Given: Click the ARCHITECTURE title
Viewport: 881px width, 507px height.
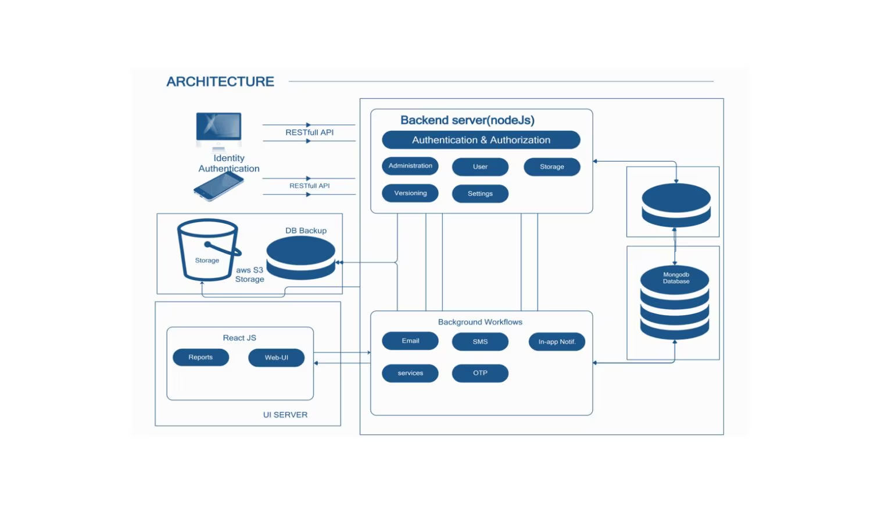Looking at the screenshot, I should point(220,82).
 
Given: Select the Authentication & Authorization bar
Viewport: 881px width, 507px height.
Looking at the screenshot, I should point(481,140).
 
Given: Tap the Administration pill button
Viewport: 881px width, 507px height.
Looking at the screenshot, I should point(410,166).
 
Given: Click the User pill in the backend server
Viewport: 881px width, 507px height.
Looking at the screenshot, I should point(480,167).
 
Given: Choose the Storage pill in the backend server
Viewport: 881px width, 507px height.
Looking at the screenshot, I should point(551,167).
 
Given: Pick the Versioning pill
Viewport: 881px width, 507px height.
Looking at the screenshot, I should point(410,194).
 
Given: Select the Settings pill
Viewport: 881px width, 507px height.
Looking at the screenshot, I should point(480,194).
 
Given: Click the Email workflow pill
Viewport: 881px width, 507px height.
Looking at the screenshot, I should point(410,341).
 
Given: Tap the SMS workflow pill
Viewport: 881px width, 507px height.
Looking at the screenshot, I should point(480,342).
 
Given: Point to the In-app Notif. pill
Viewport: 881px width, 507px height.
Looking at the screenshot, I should point(557,342).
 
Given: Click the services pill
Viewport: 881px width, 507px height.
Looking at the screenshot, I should point(410,373).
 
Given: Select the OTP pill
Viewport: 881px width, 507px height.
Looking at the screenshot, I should point(480,373).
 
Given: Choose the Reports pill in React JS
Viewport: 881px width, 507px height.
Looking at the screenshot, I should point(200,358).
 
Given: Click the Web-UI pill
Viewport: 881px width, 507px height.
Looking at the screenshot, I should point(276,358).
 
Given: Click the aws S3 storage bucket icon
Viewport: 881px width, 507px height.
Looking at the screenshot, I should point(207,251).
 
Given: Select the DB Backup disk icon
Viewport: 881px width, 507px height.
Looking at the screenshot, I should point(300,258).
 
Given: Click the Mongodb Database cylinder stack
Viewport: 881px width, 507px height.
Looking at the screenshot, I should point(674,303).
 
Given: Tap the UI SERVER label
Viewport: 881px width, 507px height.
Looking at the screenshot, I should point(285,415).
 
